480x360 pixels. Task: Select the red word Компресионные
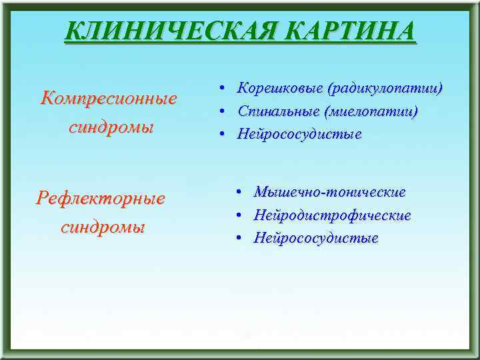[x=109, y=99]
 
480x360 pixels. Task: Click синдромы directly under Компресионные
[x=111, y=127]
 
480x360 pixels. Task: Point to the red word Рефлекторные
[x=101, y=198]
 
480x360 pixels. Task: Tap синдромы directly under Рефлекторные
[x=103, y=227]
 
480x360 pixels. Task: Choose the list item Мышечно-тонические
[x=329, y=192]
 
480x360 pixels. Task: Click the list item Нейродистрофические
[x=332, y=215]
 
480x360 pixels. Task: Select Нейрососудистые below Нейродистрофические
[x=316, y=238]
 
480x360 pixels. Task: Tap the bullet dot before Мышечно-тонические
[x=239, y=193]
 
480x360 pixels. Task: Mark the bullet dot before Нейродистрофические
[x=239, y=215]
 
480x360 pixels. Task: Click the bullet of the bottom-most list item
[x=239, y=238]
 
